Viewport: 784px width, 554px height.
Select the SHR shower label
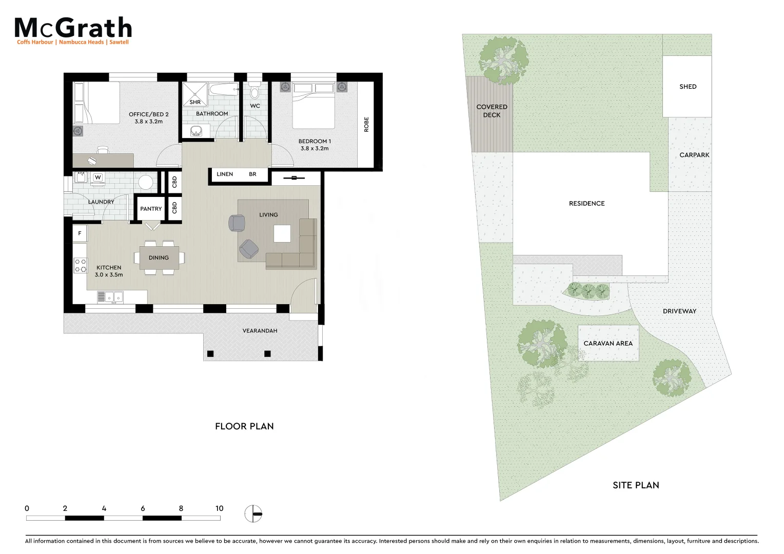click(195, 102)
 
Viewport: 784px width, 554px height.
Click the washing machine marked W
click(97, 177)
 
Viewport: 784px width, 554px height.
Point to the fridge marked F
click(80, 233)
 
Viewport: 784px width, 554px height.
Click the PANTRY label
click(151, 209)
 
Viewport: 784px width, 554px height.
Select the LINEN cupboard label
click(225, 174)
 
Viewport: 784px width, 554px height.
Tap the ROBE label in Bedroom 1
click(366, 125)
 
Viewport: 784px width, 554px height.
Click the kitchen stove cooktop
click(80, 265)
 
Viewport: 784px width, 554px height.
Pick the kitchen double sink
click(110, 296)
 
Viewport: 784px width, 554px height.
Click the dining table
click(159, 258)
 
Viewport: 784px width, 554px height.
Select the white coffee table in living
click(282, 234)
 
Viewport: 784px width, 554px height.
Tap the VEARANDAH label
click(260, 331)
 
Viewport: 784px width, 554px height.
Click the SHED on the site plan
click(688, 87)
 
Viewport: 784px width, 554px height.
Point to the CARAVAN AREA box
click(608, 343)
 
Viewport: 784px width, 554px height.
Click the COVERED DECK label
click(492, 111)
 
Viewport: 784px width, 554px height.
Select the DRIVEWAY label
click(679, 311)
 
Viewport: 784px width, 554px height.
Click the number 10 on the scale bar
click(219, 509)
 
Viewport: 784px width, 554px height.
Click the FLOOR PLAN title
click(244, 426)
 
